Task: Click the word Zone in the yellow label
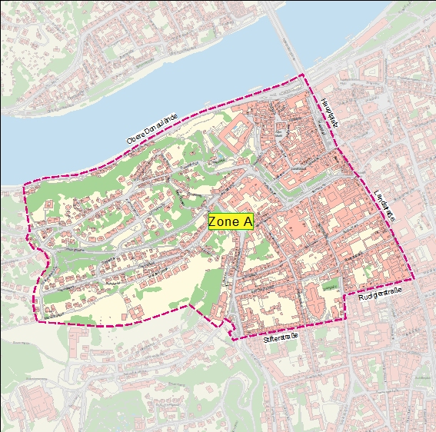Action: pyautogui.click(x=224, y=221)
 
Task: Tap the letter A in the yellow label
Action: pyautogui.click(x=247, y=221)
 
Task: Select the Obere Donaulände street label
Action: pyautogui.click(x=152, y=128)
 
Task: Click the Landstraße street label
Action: pyautogui.click(x=384, y=205)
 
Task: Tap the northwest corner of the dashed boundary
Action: pyautogui.click(x=25, y=184)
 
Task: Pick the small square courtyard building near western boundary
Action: pyautogui.click(x=49, y=206)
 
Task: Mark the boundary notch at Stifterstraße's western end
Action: pyautogui.click(x=230, y=339)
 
